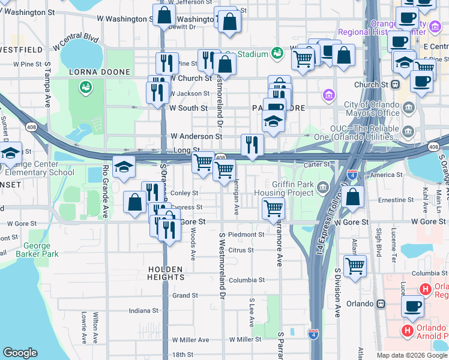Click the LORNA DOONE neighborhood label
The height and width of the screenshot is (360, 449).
(99, 72)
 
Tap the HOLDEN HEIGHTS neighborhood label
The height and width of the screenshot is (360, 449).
(166, 273)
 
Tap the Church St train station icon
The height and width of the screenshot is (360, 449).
(396, 85)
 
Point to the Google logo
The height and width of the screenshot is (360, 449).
(20, 353)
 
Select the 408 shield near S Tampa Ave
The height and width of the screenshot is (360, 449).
(31, 127)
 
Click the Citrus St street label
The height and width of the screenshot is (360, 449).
(241, 250)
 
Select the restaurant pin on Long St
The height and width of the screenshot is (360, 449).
(252, 145)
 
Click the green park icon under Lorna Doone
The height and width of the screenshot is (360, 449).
(85, 88)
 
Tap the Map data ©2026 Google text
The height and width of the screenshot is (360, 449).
(412, 355)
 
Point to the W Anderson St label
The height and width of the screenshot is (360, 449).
(196, 136)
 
